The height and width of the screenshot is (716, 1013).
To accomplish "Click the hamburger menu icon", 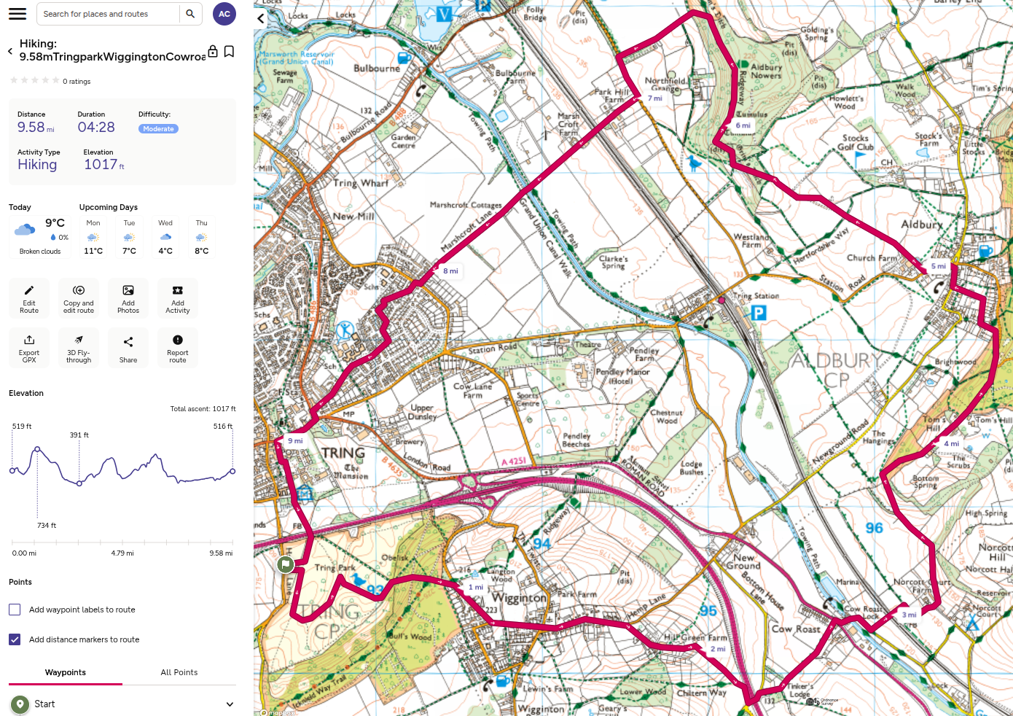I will pyautogui.click(x=17, y=14).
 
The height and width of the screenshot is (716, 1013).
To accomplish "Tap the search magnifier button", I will pyautogui.click(x=190, y=14).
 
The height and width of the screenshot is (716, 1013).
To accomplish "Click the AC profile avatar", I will pyautogui.click(x=224, y=14).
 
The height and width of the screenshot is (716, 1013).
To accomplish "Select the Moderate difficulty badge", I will pyautogui.click(x=158, y=129).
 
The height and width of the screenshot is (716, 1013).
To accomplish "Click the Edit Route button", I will pyautogui.click(x=29, y=298).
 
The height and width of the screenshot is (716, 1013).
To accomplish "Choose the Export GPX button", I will pyautogui.click(x=29, y=348).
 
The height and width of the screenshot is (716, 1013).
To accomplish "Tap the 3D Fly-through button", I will pyautogui.click(x=79, y=348).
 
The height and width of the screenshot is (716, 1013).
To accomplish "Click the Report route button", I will pyautogui.click(x=178, y=348).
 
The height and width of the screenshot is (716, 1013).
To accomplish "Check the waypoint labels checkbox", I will pyautogui.click(x=15, y=610).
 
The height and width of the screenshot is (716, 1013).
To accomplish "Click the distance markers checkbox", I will pyautogui.click(x=15, y=639).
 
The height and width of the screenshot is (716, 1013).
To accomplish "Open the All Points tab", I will pyautogui.click(x=179, y=672).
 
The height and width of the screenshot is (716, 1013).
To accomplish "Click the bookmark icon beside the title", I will pyautogui.click(x=229, y=51).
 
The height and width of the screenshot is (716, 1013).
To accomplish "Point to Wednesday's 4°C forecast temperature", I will pyautogui.click(x=165, y=251).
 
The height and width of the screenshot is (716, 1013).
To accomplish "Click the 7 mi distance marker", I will pyautogui.click(x=655, y=98).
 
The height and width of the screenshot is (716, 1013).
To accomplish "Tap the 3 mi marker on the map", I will pyautogui.click(x=909, y=615).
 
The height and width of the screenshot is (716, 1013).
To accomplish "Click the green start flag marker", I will pyautogui.click(x=286, y=564).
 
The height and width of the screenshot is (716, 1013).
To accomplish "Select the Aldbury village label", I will pyautogui.click(x=921, y=225).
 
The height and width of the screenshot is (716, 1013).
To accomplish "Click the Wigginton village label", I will pyautogui.click(x=519, y=598).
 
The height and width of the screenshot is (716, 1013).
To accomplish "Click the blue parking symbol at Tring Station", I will pyautogui.click(x=759, y=313).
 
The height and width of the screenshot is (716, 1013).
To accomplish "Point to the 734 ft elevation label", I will pyautogui.click(x=46, y=525).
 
